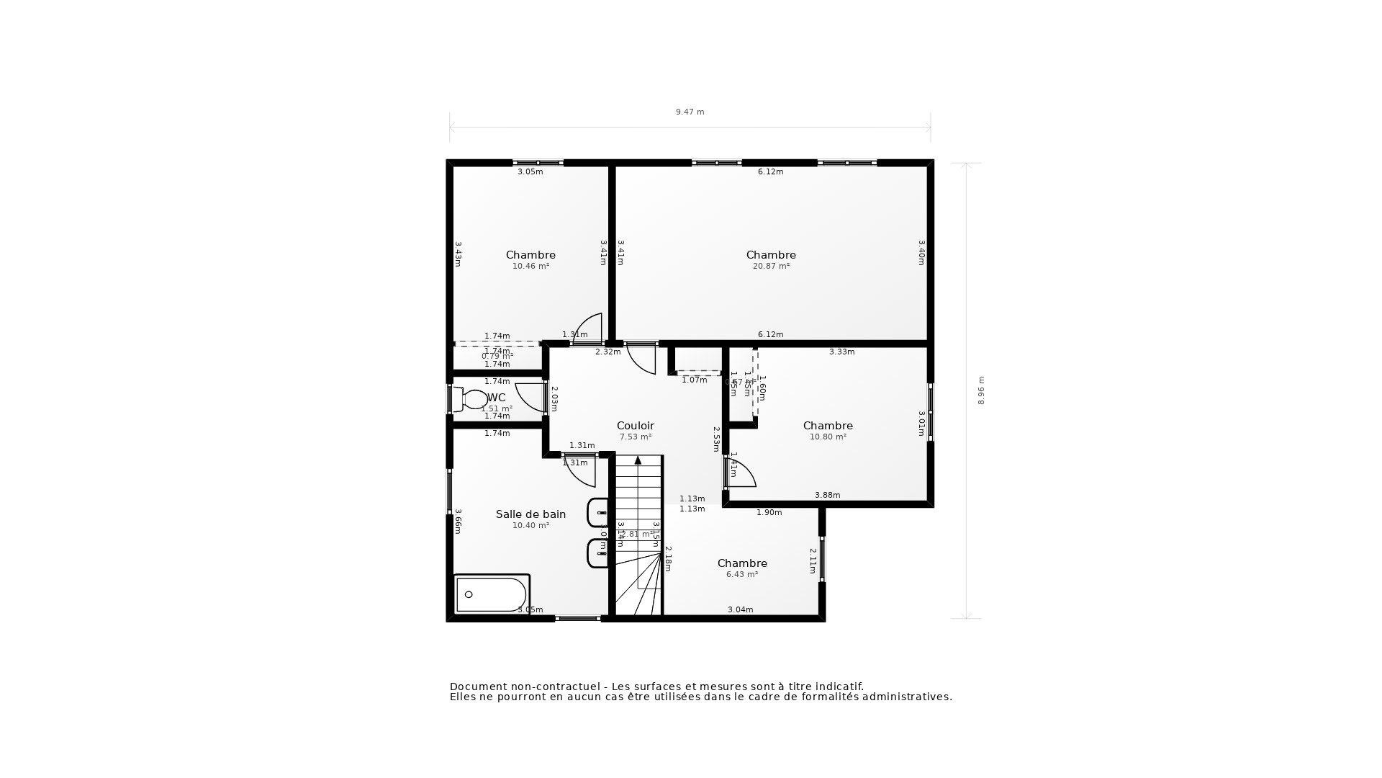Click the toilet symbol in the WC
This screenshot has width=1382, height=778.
(473, 399)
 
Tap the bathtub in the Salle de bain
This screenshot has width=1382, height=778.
(492, 594)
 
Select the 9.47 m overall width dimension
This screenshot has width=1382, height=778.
(690, 112)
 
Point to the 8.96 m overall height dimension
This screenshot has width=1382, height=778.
(981, 390)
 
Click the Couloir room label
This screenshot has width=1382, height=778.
(635, 426)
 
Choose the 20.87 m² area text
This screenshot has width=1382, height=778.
(771, 266)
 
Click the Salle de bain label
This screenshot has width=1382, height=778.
(530, 514)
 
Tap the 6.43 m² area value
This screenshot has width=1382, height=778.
(741, 574)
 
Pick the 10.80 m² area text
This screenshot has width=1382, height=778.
(828, 437)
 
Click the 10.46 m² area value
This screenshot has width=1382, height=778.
(530, 266)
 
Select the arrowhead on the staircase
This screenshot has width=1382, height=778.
(638, 460)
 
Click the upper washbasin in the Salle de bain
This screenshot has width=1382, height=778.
(598, 513)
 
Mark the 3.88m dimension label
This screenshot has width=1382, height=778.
(827, 495)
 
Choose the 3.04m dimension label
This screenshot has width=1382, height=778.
(740, 609)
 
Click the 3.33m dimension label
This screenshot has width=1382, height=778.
(841, 352)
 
